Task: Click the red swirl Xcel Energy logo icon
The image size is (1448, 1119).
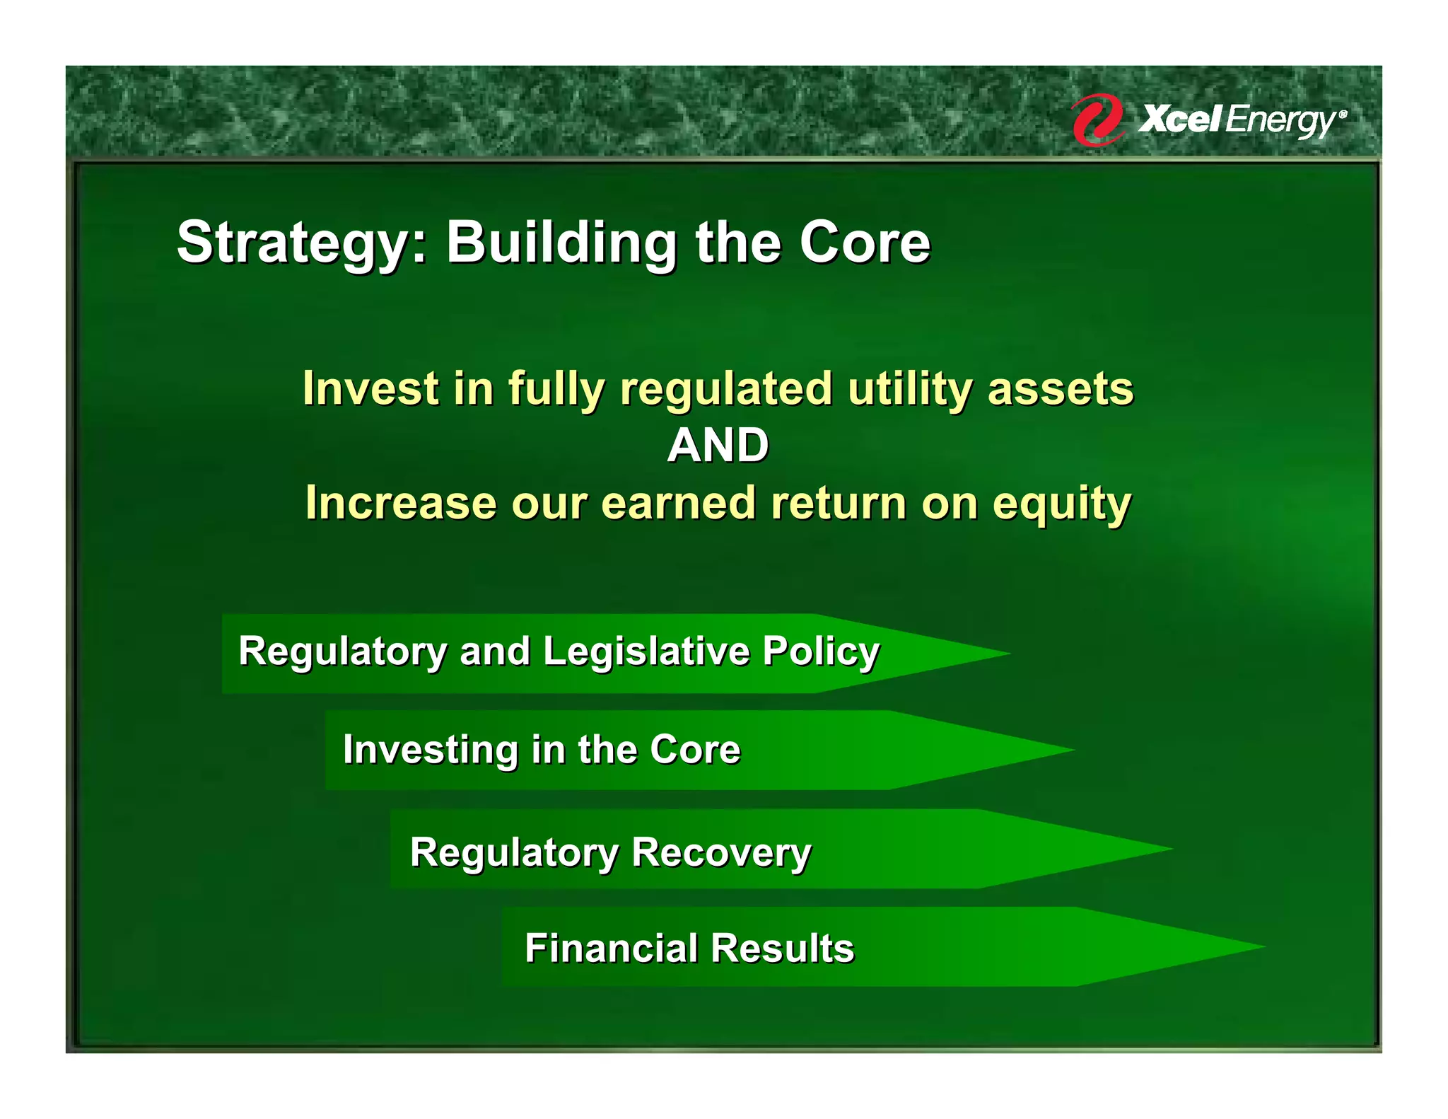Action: click(x=1097, y=120)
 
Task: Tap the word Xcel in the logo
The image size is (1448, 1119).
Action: click(x=1179, y=118)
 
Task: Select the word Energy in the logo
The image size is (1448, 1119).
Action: click(x=1281, y=121)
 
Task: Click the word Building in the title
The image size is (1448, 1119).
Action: click(x=561, y=243)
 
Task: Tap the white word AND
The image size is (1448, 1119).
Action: click(x=718, y=446)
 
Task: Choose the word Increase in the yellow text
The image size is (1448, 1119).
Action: click(x=401, y=503)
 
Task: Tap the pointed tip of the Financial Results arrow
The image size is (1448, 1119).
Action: click(x=1266, y=946)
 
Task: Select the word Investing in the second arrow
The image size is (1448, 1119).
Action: click(x=431, y=750)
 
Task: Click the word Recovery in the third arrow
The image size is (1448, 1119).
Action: click(x=721, y=853)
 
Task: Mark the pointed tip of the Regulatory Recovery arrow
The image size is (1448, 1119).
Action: click(x=1173, y=849)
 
